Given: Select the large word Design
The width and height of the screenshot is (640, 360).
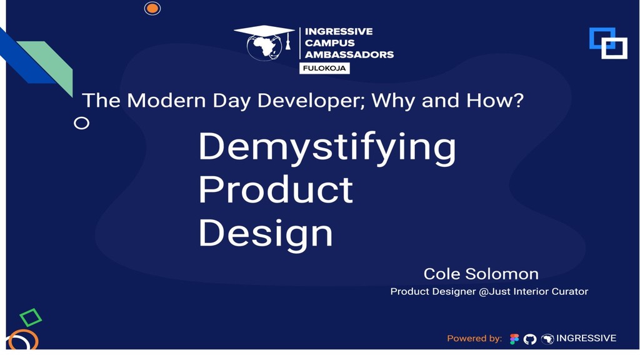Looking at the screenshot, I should pyautogui.click(x=265, y=233).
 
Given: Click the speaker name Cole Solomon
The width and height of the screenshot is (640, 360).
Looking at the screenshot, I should pyautogui.click(x=481, y=274).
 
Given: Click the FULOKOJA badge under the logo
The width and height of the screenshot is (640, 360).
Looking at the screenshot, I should pyautogui.click(x=324, y=68).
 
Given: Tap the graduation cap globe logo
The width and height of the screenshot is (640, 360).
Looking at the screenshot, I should pyautogui.click(x=264, y=43).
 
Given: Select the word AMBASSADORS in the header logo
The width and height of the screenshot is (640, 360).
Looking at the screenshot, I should pyautogui.click(x=349, y=54).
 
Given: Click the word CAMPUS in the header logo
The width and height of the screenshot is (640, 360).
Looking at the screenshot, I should pyautogui.click(x=329, y=42).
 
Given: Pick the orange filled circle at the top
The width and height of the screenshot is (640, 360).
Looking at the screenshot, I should pyautogui.click(x=152, y=8).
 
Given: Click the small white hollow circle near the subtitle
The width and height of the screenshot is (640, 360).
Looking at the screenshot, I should pyautogui.click(x=81, y=123).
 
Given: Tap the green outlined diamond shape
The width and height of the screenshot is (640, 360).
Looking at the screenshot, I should pyautogui.click(x=30, y=317).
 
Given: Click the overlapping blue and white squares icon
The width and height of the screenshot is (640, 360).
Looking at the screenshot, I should pyautogui.click(x=608, y=43).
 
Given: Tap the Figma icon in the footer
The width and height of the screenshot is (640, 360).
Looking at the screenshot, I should pyautogui.click(x=514, y=339).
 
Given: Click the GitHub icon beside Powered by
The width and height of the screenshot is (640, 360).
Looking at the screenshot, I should pyautogui.click(x=530, y=339).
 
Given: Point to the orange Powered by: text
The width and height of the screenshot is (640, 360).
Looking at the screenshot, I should pyautogui.click(x=474, y=339).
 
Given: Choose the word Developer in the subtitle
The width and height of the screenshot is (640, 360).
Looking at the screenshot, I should pyautogui.click(x=302, y=100).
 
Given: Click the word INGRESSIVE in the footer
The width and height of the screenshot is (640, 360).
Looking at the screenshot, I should pyautogui.click(x=586, y=338).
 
